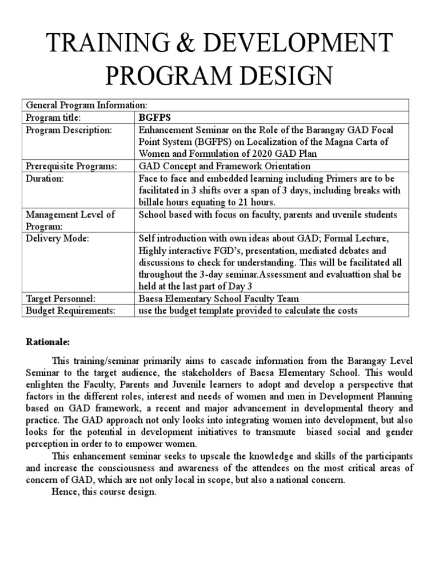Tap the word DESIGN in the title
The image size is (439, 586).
(x=284, y=76)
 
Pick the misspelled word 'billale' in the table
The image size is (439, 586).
(x=153, y=202)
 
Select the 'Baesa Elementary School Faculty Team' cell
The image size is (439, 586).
(x=219, y=298)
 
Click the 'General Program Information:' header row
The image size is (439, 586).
(x=86, y=105)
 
